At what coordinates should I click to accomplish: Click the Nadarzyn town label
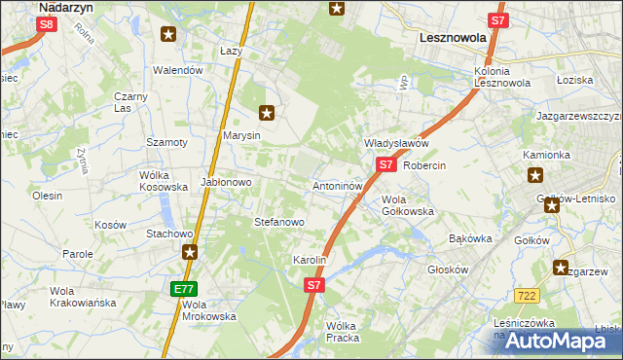tap(66, 6)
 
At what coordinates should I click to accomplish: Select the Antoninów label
tap(338, 185)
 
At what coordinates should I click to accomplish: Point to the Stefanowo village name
tap(279, 222)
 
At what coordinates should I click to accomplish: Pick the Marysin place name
tap(241, 135)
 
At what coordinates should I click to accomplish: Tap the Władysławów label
tap(396, 143)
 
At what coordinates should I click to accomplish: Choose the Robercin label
tap(424, 165)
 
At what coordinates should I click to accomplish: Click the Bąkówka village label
tap(471, 237)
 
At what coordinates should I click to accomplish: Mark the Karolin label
tap(310, 261)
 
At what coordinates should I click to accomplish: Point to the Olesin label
tap(48, 196)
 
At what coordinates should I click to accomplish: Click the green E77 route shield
tap(185, 289)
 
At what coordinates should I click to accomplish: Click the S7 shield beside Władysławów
tap(385, 164)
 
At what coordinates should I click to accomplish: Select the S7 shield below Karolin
tap(313, 285)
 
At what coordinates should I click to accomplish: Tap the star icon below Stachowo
tap(190, 252)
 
